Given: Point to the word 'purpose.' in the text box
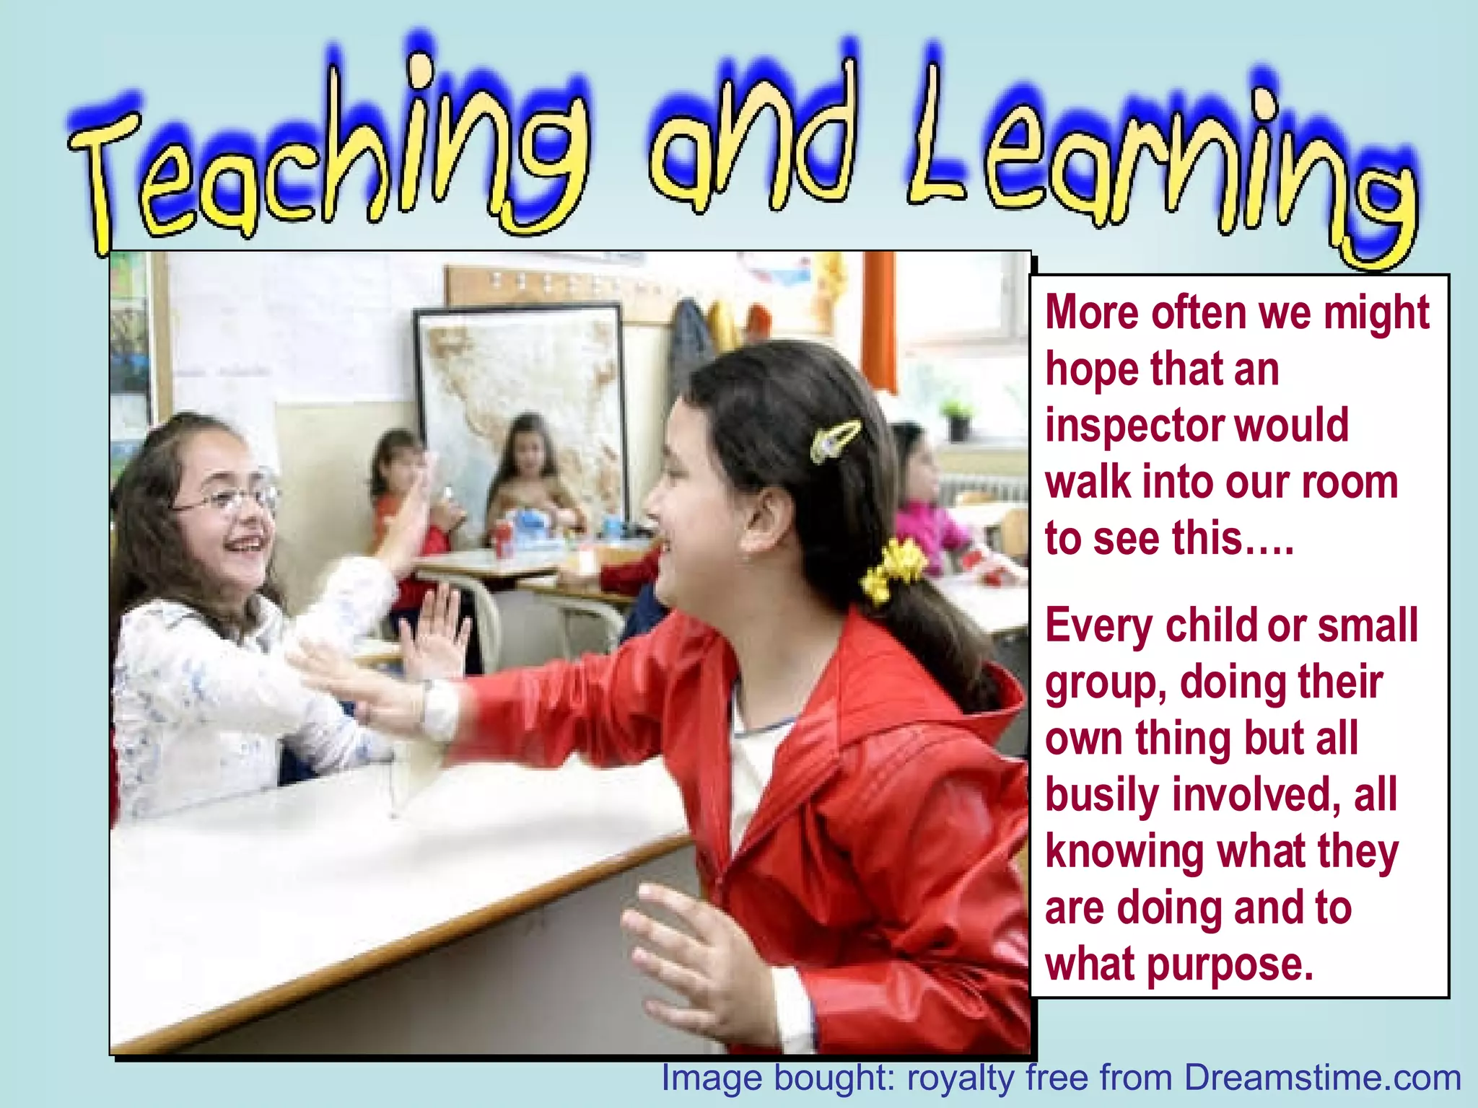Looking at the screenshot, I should tap(1230, 965).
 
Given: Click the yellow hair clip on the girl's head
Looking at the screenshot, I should tap(835, 439).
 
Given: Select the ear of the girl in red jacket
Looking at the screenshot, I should tap(769, 516).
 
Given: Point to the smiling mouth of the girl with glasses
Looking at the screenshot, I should tap(242, 545).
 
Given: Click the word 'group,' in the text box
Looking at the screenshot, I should tap(1104, 684).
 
